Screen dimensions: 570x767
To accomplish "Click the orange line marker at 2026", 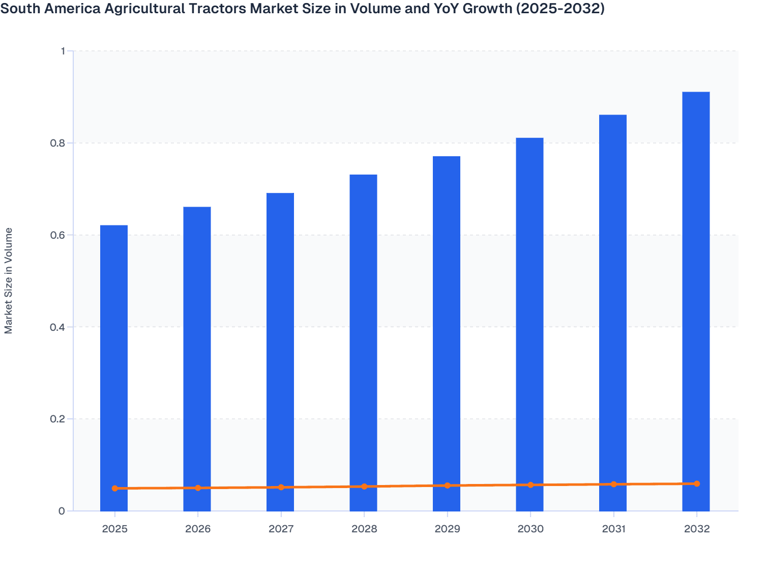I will tap(198, 488).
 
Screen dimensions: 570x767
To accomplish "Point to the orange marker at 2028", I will tap(364, 487).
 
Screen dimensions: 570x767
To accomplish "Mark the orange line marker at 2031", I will tap(613, 484).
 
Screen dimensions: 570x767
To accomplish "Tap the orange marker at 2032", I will tap(697, 484).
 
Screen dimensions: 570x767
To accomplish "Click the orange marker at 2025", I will tap(115, 489).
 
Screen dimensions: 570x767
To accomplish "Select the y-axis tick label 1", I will tap(63, 51).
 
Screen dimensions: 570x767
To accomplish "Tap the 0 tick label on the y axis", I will tap(62, 511).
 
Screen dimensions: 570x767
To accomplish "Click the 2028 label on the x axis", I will tap(364, 529).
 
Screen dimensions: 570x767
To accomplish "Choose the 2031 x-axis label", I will tap(613, 529).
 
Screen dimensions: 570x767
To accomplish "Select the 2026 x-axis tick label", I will tap(198, 529).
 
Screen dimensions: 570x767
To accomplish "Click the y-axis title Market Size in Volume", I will tap(9, 281).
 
